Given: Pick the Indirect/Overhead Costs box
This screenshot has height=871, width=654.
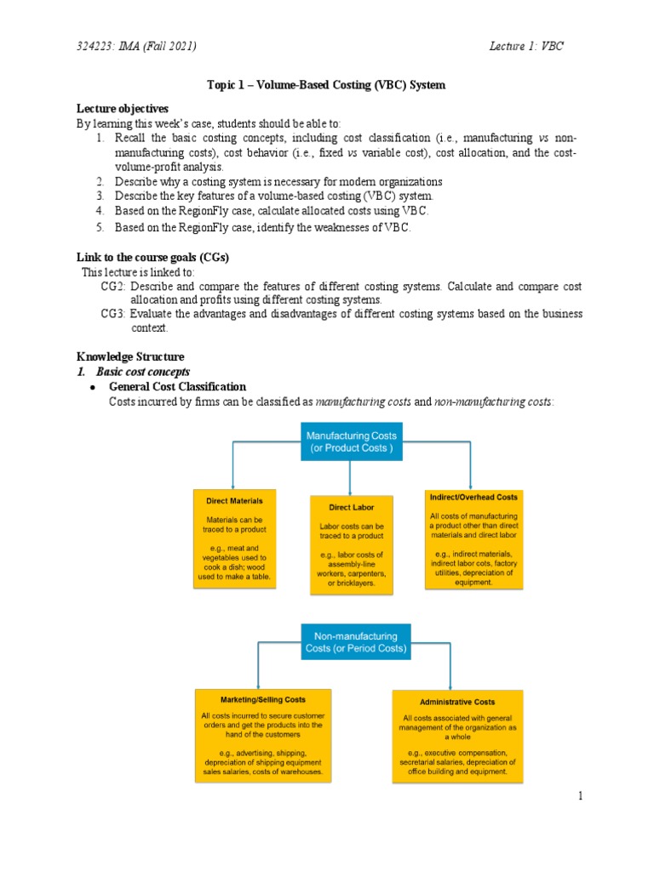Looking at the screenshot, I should pos(473,538).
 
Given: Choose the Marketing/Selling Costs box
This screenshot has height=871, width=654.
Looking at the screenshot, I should pos(262,737).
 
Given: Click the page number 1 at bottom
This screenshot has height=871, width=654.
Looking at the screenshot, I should pos(580,796).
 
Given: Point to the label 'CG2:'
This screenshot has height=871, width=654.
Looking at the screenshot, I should pos(113,287).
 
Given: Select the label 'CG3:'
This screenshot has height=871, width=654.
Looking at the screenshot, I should pos(113,314).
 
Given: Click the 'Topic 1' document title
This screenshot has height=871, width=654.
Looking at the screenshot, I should pos(326,85).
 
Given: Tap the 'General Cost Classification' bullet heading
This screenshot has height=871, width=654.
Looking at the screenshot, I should pos(177,386).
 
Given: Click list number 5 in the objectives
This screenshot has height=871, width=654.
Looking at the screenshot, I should pos(100,227).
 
